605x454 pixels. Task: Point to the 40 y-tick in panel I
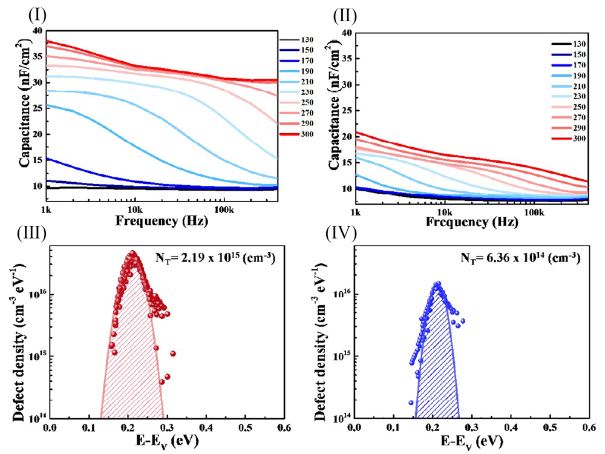coord(38,31)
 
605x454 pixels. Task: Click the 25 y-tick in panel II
coord(346,111)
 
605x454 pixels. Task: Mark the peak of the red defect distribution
coord(132,254)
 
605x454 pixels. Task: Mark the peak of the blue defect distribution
coord(437,283)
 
